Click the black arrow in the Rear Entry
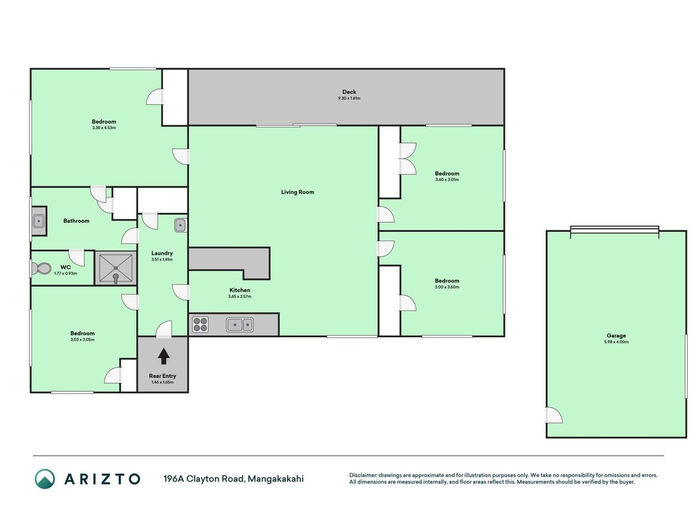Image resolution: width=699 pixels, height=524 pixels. [164, 356]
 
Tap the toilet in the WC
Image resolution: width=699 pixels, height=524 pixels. [41, 269]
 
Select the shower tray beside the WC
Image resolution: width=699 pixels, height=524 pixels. [116, 269]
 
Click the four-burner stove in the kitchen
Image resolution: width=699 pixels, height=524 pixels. [200, 324]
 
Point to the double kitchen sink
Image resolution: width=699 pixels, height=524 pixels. [240, 324]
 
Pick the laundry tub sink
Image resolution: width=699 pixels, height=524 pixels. [180, 225]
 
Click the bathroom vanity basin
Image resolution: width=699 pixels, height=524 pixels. [39, 221]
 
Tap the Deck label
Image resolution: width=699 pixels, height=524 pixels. [349, 92]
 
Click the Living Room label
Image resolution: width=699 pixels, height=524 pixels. [297, 192]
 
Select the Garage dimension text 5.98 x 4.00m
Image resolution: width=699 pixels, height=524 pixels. [616, 342]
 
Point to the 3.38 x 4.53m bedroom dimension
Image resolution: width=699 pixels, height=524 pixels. [104, 128]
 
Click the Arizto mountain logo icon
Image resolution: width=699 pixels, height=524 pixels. [45, 479]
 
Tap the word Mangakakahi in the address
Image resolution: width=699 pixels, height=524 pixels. [276, 479]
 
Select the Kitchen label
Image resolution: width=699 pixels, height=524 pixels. [240, 290]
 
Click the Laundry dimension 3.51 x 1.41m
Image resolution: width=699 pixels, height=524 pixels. [162, 259]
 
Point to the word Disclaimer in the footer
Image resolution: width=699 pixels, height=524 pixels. [363, 476]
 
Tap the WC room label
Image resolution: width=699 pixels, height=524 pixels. [66, 267]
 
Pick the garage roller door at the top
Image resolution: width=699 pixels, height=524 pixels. [614, 229]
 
